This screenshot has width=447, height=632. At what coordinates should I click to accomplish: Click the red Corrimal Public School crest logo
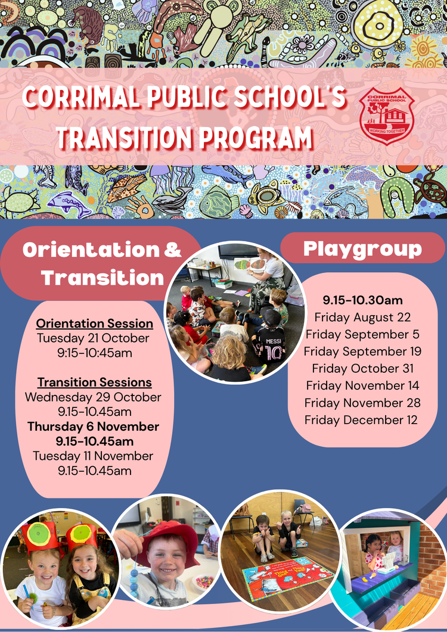386,116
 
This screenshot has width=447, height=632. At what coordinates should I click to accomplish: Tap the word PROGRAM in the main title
256,138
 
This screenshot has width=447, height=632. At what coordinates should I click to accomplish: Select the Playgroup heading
362,249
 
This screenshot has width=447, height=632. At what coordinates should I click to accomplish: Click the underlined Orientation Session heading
94,323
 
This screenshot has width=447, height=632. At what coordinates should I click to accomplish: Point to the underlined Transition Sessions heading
94,382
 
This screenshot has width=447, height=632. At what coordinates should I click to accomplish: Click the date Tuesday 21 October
93,338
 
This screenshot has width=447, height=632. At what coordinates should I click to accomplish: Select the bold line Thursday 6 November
93,426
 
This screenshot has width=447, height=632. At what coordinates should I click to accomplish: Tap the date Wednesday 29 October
93,397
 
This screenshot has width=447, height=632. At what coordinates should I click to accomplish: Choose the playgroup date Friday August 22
362,317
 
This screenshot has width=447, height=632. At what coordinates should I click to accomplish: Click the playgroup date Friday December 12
361,420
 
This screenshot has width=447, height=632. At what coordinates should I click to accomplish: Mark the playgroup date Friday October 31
363,368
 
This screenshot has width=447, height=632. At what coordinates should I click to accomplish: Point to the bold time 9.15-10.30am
362,300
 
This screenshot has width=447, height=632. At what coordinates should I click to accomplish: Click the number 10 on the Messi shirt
274,353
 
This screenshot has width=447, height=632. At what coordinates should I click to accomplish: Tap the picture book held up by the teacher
250,265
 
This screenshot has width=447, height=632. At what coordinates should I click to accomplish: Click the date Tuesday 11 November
93,456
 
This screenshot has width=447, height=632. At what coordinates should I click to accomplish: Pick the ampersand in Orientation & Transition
173,250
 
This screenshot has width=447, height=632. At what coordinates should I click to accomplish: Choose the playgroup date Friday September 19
362,351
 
